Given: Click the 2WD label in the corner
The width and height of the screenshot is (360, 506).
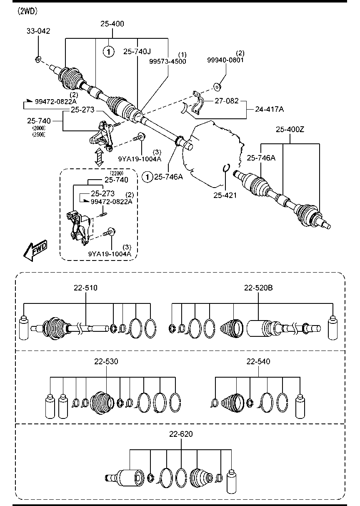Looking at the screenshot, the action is click(x=27, y=11).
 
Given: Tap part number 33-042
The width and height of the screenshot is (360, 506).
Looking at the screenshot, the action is click(x=38, y=31).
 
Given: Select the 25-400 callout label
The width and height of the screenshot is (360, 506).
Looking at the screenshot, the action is click(x=112, y=24).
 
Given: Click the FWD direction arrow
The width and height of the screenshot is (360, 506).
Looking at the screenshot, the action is click(x=36, y=250).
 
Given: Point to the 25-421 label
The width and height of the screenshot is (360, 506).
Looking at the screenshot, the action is click(x=225, y=195).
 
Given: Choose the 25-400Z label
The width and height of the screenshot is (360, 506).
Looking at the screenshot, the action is click(x=290, y=130).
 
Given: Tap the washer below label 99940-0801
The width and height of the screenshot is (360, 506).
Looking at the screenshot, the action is click(x=217, y=87).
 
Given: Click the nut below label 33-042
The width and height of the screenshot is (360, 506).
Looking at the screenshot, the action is click(x=38, y=60).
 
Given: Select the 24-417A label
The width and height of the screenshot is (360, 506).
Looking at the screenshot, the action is click(x=270, y=109).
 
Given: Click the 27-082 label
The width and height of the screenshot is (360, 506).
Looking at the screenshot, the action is click(x=227, y=100).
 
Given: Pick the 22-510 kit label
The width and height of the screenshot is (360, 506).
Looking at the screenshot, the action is click(x=85, y=288).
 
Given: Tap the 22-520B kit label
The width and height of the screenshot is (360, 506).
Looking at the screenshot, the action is click(x=258, y=288).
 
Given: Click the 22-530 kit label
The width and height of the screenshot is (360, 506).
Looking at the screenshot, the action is click(x=106, y=361).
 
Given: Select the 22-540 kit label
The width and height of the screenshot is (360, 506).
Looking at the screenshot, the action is click(x=258, y=361).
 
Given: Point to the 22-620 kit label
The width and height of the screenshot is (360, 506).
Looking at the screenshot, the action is click(x=181, y=434).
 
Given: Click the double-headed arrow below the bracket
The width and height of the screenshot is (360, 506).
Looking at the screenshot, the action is click(x=99, y=157).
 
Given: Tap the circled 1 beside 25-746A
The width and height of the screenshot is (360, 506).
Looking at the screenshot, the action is click(x=147, y=177).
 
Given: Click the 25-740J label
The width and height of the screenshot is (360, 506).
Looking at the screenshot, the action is click(x=137, y=52).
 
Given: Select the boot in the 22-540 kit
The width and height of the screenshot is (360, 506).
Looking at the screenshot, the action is click(x=232, y=403).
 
